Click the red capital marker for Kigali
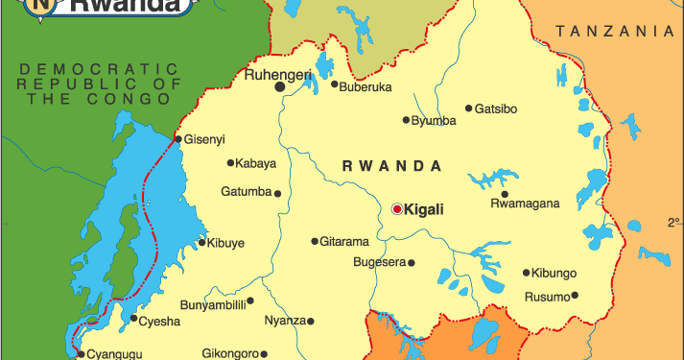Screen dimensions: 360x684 coord(397,208)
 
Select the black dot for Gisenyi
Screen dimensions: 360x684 coord(178,138)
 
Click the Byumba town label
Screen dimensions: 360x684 coord(434,121)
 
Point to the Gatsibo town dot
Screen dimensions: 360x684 coord(469,108)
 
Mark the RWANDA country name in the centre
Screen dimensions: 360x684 coord(392,166)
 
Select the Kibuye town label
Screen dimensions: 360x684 coord(226,243)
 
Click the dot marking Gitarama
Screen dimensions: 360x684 coord(315,241)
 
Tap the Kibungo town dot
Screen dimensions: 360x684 coord(526,273)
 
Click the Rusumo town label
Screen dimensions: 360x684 coord(546,297)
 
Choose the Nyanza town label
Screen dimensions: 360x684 coord(285,321)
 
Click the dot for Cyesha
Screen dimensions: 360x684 coord(133,319)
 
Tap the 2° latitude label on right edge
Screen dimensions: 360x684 coord(673,223)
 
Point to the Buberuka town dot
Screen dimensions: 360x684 coord(335,84)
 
